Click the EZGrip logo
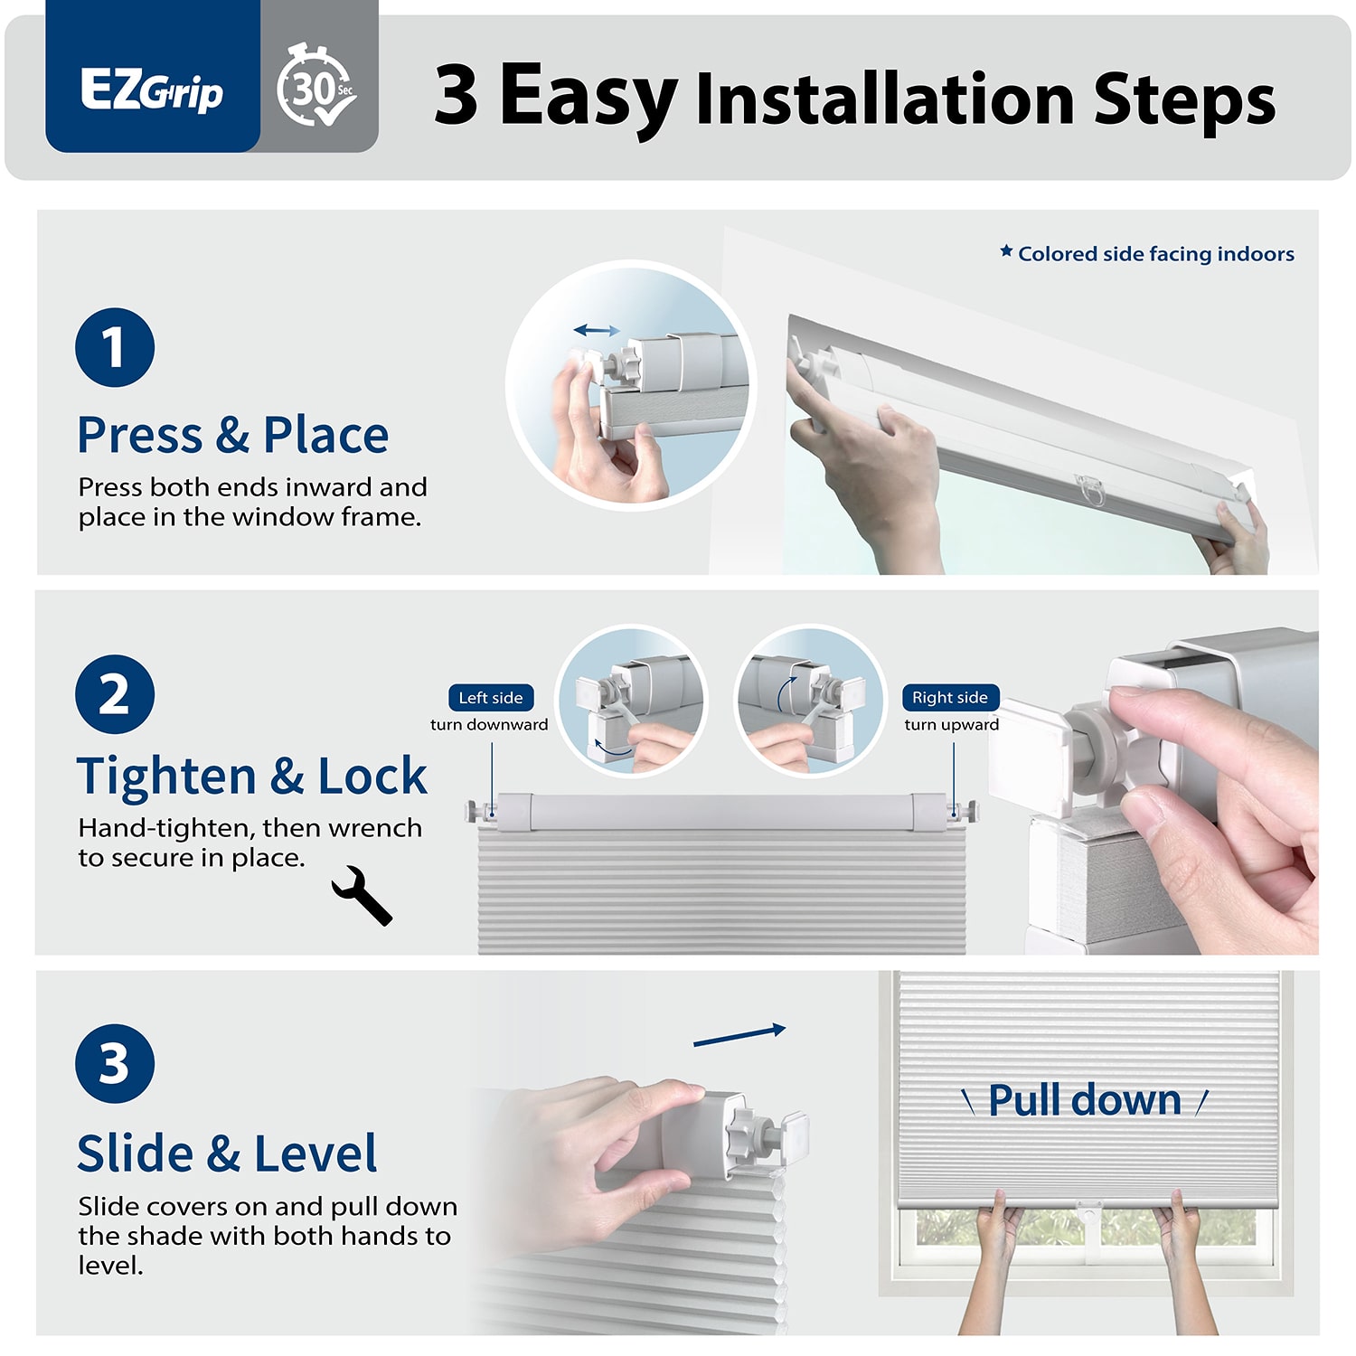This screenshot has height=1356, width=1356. coord(152,90)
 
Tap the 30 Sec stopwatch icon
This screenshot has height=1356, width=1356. coord(316,85)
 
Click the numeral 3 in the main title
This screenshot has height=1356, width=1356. coord(457,95)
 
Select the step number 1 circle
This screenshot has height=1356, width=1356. coord(115,347)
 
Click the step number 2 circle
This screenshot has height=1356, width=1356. coord(115,694)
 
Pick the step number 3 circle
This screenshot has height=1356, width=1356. coord(115,1064)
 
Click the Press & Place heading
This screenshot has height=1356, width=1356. coord(233,435)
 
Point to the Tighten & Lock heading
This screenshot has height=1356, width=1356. coord(252,777)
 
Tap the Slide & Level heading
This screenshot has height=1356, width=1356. coord(227,1154)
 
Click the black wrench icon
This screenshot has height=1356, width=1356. coord(362,895)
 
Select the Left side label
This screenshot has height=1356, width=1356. coord(491,698)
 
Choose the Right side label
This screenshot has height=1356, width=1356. coord(950,698)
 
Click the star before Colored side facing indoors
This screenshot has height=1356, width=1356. coord(1006,251)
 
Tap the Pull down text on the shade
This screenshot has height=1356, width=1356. coord(1085,1100)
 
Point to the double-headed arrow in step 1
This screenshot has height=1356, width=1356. coord(597,331)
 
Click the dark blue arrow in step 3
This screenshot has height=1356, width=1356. coord(739,1036)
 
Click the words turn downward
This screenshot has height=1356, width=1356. coord(489,724)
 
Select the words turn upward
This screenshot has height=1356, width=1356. coord(952,724)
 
